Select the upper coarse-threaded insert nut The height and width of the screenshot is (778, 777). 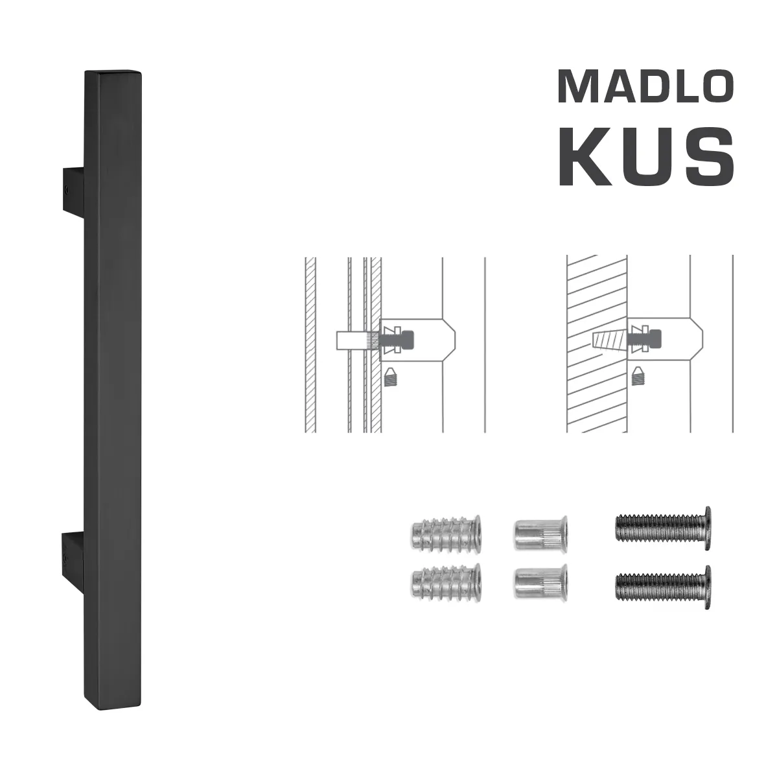pos(446,532)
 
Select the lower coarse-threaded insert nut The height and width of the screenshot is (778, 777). pos(446,582)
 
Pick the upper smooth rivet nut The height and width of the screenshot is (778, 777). pos(541,532)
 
